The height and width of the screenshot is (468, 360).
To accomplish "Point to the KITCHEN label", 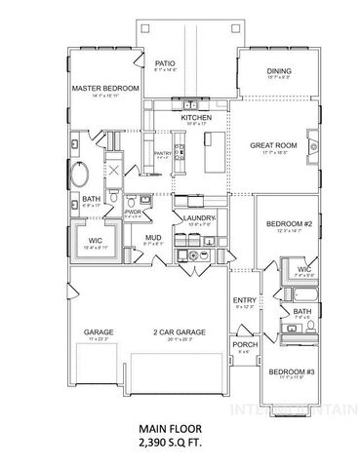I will pyautogui.click(x=196, y=118).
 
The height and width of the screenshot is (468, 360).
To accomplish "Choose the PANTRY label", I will pyautogui.click(x=162, y=152).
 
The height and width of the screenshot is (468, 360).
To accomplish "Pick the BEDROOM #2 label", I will pyautogui.click(x=288, y=224).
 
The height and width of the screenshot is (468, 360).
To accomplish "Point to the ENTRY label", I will pyautogui.click(x=244, y=300).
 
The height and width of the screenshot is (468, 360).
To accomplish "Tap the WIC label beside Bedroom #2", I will pyautogui.click(x=304, y=269).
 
